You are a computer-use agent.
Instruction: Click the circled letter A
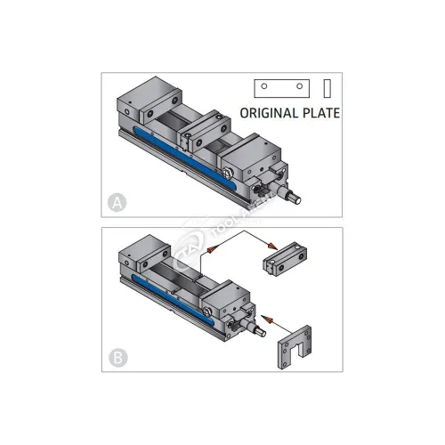pyautogui.click(x=114, y=203)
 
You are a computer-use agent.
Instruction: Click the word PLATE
pyautogui.click(x=320, y=114)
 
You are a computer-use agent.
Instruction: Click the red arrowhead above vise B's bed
pyautogui.click(x=211, y=253)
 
